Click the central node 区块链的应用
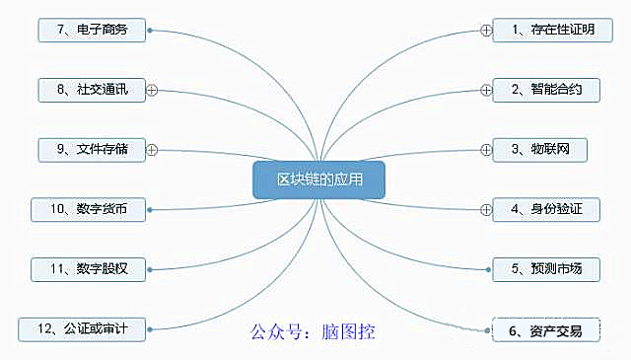pyautogui.click(x=318, y=180)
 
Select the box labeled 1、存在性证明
pyautogui.click(x=552, y=30)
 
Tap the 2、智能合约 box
pyautogui.click(x=546, y=90)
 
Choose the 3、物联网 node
pyautogui.click(x=539, y=150)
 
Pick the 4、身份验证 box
pyautogui.click(x=546, y=209)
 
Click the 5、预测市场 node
pyautogui.click(x=546, y=269)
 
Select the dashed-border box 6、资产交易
pyautogui.click(x=546, y=330)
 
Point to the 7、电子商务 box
pyautogui.click(x=92, y=30)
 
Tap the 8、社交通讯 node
pyautogui.click(x=92, y=90)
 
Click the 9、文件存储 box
pyautogui.click(x=92, y=150)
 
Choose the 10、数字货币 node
pyautogui.click(x=88, y=209)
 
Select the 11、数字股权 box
pyautogui.click(x=88, y=269)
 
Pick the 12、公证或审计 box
pyautogui.click(x=82, y=329)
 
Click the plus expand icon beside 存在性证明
pyautogui.click(x=486, y=31)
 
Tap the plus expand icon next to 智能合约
pyautogui.click(x=486, y=90)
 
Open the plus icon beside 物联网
pyautogui.click(x=486, y=150)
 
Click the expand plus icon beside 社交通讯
pyautogui.click(x=152, y=90)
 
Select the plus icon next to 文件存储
pyautogui.click(x=152, y=150)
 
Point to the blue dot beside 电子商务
pyautogui.click(x=150, y=31)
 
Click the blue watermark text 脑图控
pyautogui.click(x=348, y=331)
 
